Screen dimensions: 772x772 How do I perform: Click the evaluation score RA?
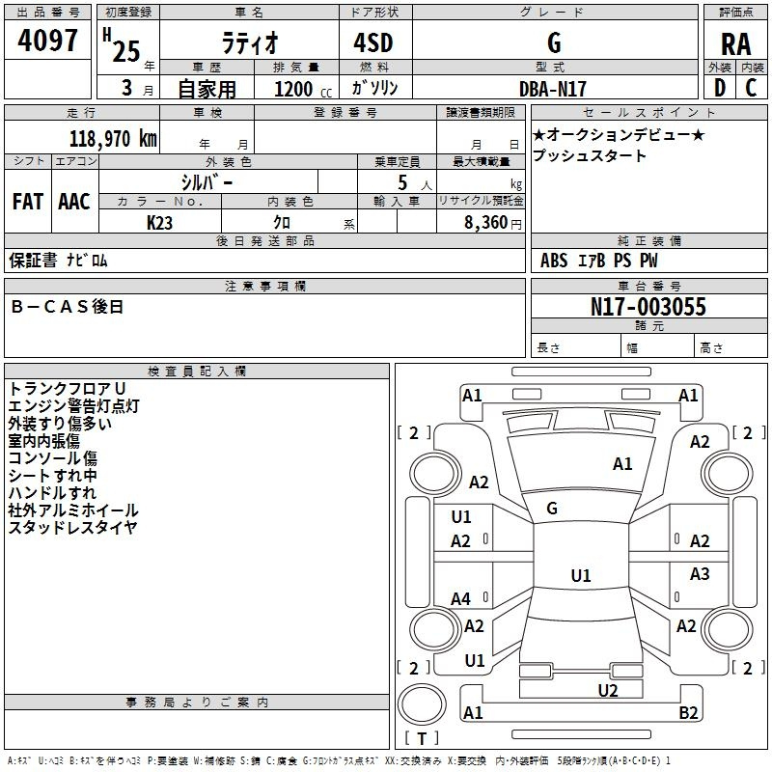tap(735, 44)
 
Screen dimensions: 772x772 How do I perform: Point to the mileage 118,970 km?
tap(113, 138)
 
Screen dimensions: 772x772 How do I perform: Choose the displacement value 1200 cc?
tap(295, 89)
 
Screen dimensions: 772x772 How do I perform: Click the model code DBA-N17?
tap(553, 89)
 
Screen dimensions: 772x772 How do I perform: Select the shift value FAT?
tap(27, 201)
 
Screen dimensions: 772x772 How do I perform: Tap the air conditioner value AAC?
tap(74, 201)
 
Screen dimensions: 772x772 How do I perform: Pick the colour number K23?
tap(161, 222)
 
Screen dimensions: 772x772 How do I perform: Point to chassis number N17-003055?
tap(648, 308)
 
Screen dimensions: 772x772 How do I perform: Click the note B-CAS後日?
tap(68, 307)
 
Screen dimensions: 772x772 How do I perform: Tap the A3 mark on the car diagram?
tap(700, 575)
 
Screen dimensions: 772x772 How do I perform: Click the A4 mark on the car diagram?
tap(461, 598)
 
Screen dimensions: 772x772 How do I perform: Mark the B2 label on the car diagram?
tap(688, 713)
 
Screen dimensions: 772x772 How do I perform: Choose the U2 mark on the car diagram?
tap(607, 690)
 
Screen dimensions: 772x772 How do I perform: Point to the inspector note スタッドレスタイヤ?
tap(72, 528)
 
